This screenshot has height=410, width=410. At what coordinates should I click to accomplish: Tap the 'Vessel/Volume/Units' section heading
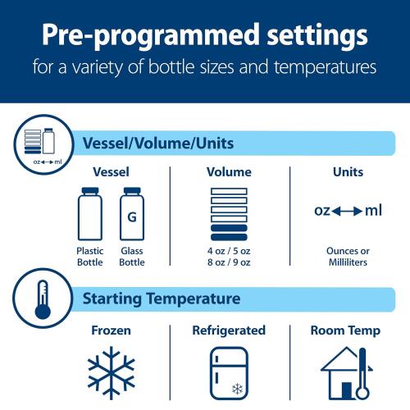click(x=158, y=143)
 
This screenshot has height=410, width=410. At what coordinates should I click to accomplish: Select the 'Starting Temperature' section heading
click(x=161, y=298)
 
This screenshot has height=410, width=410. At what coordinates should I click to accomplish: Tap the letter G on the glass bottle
click(x=131, y=217)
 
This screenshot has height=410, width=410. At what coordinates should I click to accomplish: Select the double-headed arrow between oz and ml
click(x=348, y=211)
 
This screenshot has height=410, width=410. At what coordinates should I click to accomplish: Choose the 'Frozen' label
click(x=111, y=331)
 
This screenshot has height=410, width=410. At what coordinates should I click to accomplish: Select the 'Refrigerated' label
click(x=229, y=330)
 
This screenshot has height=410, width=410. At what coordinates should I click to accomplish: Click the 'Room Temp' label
click(x=345, y=331)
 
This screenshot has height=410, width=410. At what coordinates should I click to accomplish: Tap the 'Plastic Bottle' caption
click(x=89, y=257)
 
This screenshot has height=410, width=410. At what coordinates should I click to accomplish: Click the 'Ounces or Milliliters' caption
click(x=348, y=257)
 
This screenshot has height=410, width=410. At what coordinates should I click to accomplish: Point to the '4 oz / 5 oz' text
click(x=229, y=251)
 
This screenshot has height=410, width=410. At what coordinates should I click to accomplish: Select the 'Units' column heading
click(x=348, y=172)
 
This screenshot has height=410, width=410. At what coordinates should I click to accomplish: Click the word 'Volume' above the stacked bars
click(x=229, y=172)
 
